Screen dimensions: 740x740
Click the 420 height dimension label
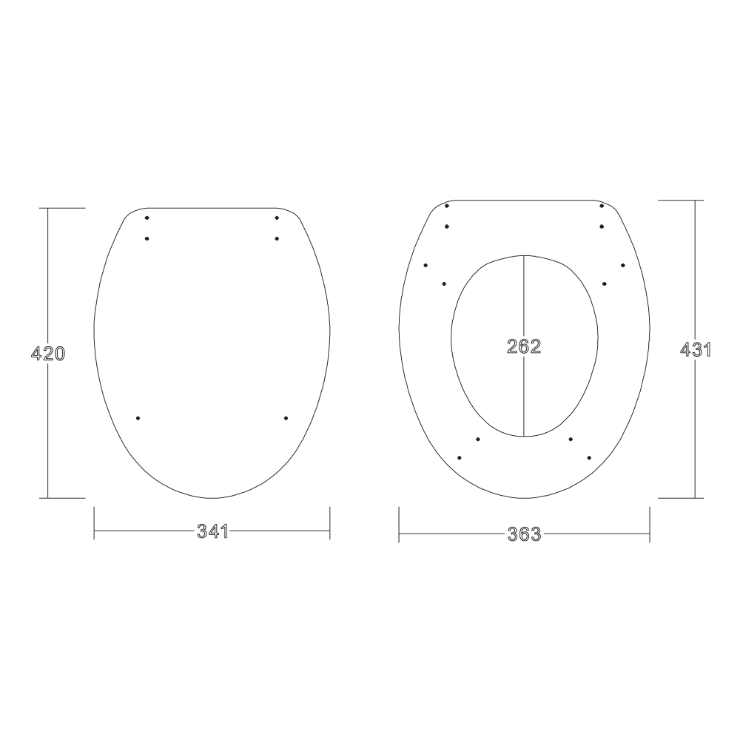click(x=48, y=354)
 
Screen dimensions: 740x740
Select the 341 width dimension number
click(x=212, y=531)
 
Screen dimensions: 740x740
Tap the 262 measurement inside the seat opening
click(x=524, y=346)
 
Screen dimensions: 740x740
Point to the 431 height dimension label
click(x=695, y=350)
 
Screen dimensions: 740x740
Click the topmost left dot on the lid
click(x=147, y=218)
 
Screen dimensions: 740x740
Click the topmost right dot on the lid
click(x=276, y=218)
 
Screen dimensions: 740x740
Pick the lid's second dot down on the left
click(x=147, y=238)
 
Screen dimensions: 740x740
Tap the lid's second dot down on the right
click(x=276, y=238)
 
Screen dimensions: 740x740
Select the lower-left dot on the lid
click(x=138, y=418)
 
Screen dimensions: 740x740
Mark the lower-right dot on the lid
click(x=286, y=418)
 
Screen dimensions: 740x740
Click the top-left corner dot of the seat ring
click(x=447, y=206)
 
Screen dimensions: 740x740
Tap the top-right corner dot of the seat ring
click(x=602, y=206)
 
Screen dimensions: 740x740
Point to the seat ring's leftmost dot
click(x=425, y=265)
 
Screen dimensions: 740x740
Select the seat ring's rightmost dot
click(x=623, y=265)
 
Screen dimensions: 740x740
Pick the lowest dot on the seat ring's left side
click(x=460, y=458)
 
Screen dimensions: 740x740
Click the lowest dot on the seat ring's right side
click(x=589, y=458)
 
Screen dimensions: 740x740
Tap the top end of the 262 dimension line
click(x=524, y=256)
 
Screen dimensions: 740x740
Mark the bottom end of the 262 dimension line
click(x=524, y=435)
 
